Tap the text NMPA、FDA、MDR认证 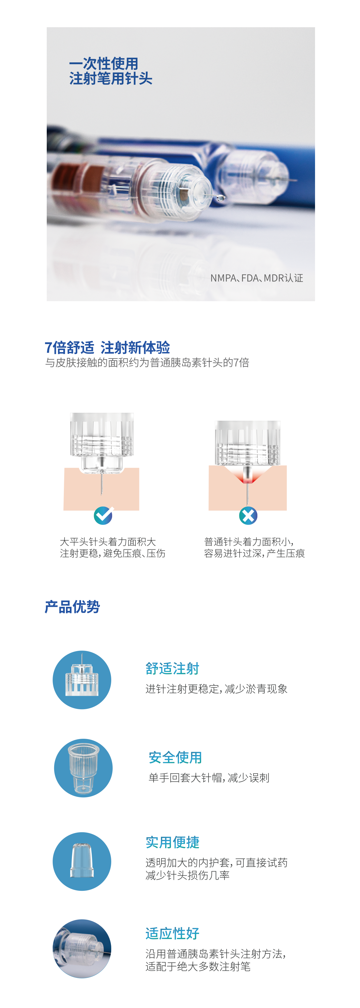(257, 278)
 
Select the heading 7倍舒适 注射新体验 (107, 347)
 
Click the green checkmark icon (103, 515)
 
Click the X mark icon (248, 515)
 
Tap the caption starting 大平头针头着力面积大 (113, 547)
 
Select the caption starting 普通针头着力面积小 (254, 547)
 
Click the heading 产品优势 (72, 607)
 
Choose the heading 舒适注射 (172, 668)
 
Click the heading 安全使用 (175, 757)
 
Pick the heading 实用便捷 (172, 842)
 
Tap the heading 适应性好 (172, 933)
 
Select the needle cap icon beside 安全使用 (83, 768)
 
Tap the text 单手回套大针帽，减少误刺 (209, 778)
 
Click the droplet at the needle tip (221, 198)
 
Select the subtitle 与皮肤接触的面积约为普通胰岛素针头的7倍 (147, 363)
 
